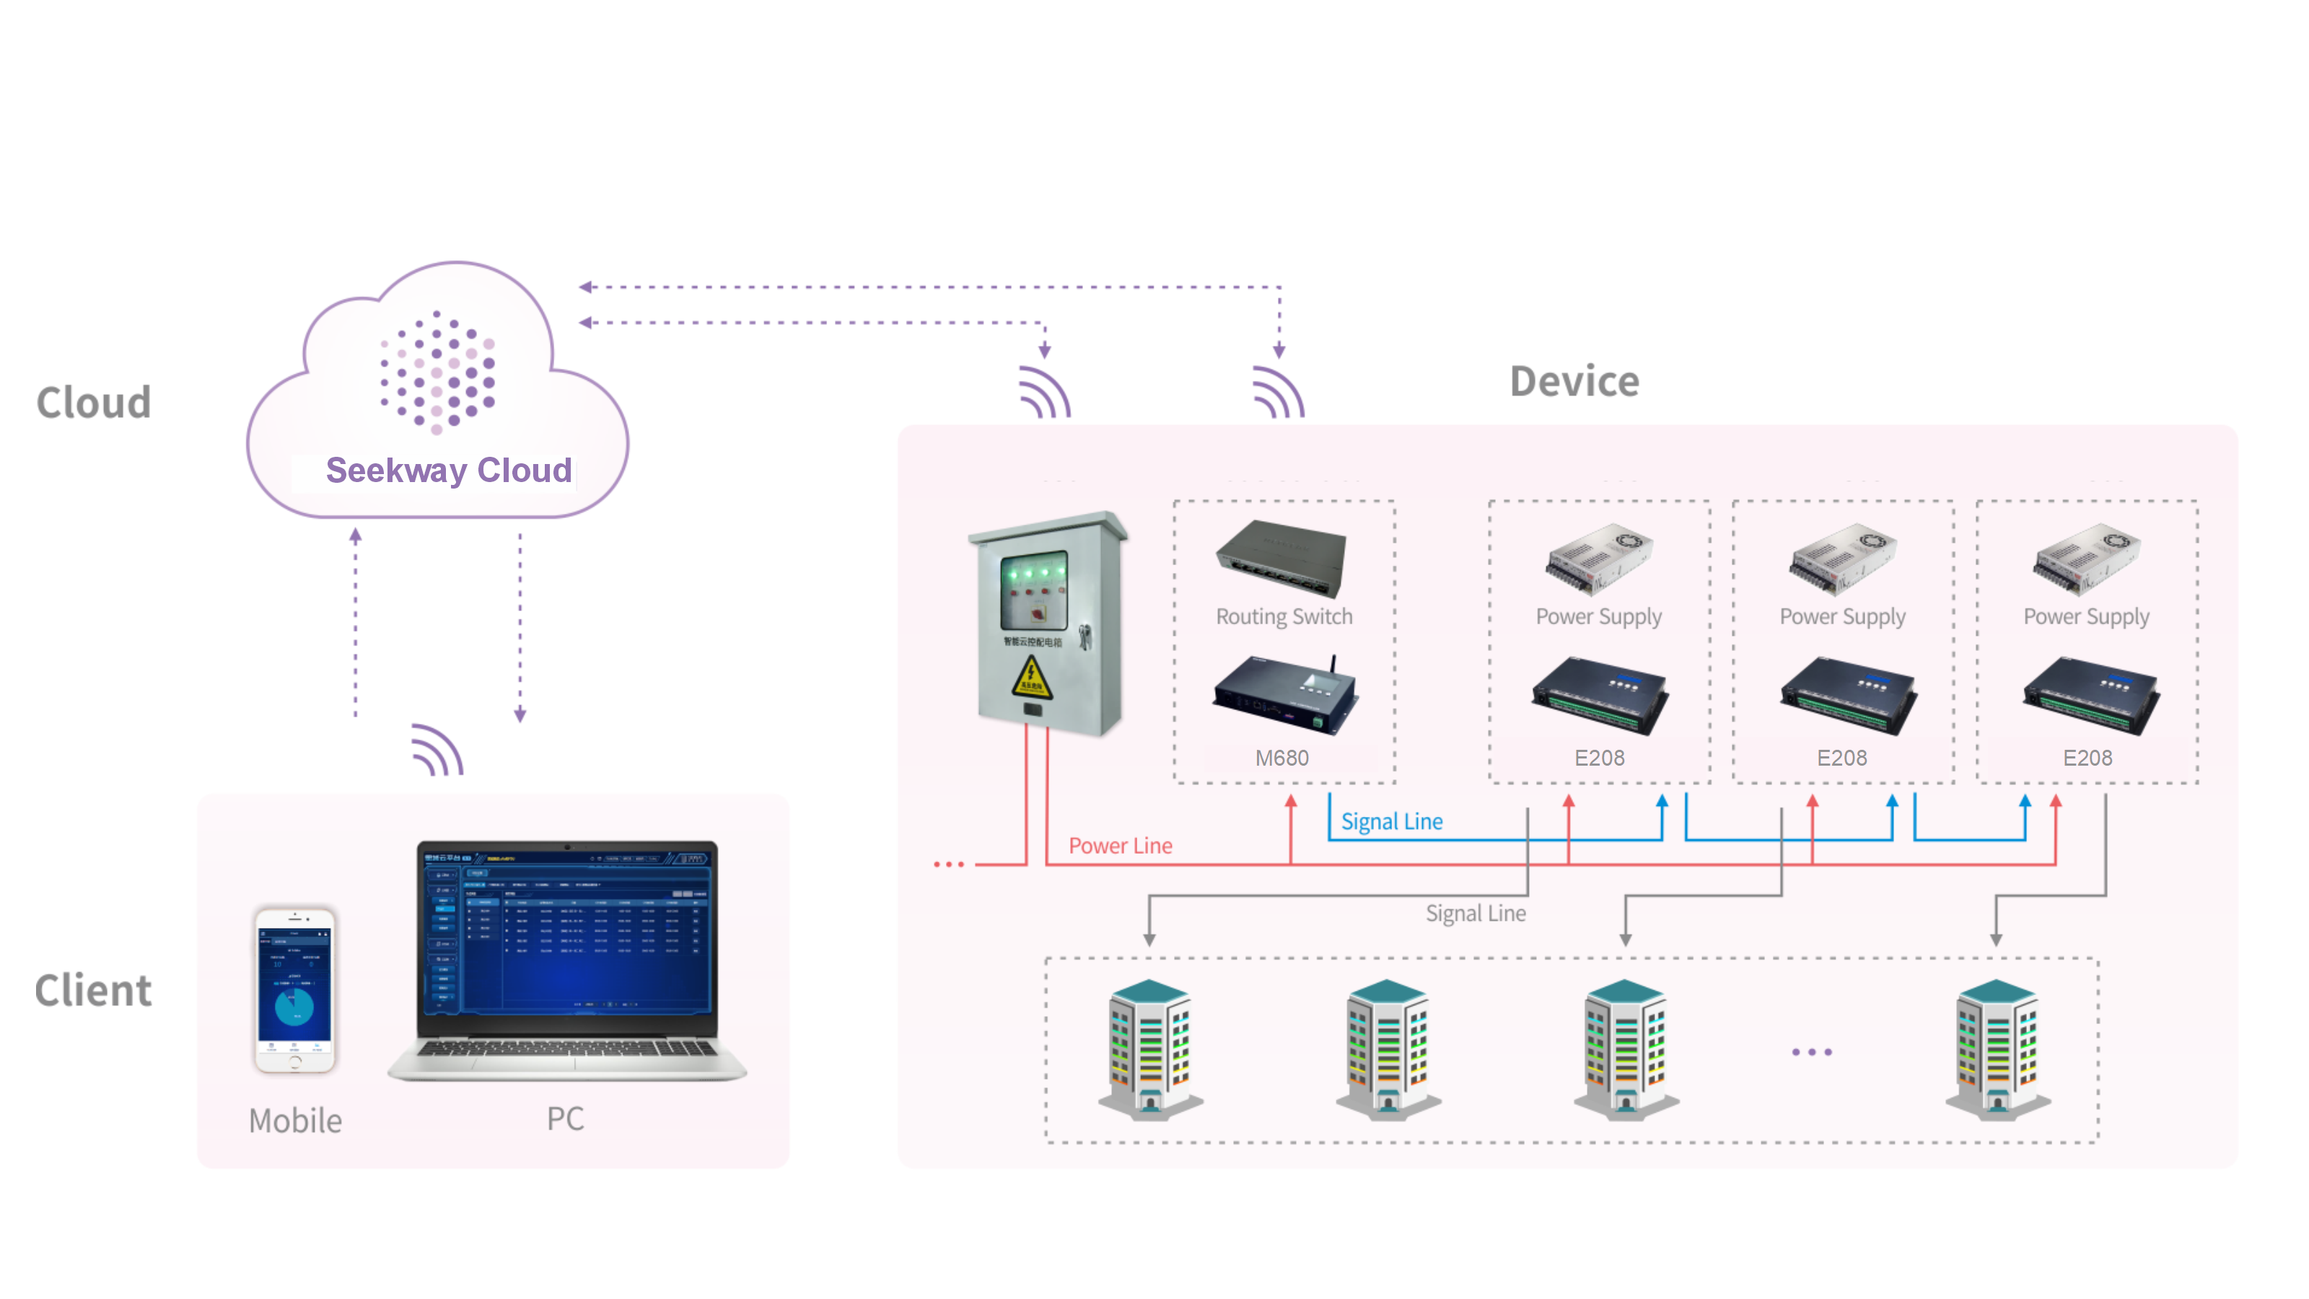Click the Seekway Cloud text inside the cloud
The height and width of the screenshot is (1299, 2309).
click(x=448, y=471)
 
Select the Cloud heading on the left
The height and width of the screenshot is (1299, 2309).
click(x=93, y=403)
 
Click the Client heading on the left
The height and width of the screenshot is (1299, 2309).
click(x=93, y=991)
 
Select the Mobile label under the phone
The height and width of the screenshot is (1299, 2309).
click(x=295, y=1121)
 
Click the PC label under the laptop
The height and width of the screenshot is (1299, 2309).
click(x=566, y=1118)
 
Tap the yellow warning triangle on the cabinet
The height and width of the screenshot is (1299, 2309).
click(x=1032, y=678)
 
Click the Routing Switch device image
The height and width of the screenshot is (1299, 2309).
click(x=1281, y=559)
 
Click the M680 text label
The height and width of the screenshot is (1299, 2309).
click(x=1281, y=758)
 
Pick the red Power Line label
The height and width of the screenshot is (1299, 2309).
click(x=1121, y=845)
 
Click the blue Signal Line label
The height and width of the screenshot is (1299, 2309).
click(x=1391, y=821)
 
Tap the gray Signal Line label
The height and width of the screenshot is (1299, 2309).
click(x=1476, y=914)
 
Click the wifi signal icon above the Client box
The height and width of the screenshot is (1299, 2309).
click(x=437, y=751)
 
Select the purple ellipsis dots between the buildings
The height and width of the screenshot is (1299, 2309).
click(x=1812, y=1051)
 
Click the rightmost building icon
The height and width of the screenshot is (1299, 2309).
click(x=1997, y=1049)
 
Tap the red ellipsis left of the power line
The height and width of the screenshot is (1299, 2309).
click(x=948, y=865)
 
